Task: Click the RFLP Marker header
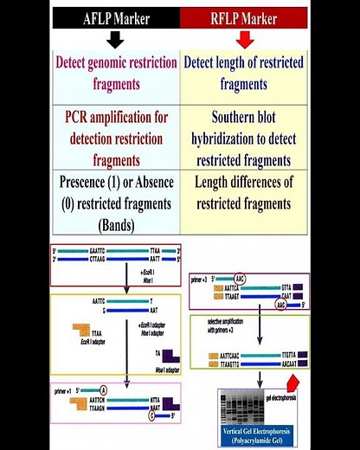tap(245, 17)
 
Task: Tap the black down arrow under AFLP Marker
tap(115, 39)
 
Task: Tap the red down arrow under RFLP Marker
tap(245, 39)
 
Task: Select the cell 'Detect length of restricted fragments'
tap(245, 74)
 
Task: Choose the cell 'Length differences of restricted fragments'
tap(245, 193)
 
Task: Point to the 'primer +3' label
tap(202, 280)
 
